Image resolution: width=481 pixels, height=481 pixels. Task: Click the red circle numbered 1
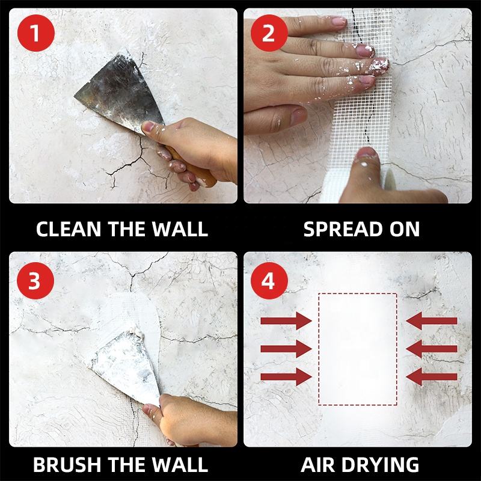(36, 33)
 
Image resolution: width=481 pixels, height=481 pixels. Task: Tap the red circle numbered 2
(269, 33)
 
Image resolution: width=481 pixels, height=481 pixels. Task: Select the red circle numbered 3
(35, 281)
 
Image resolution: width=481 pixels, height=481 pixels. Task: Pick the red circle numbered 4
(269, 281)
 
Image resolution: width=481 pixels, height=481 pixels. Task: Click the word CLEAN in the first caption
(69, 229)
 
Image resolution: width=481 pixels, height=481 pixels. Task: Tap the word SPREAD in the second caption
(342, 229)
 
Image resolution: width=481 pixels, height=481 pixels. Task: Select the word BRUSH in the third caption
(66, 464)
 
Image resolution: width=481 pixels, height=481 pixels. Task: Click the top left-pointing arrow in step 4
(432, 321)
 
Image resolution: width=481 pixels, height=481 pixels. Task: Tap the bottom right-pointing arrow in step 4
(286, 377)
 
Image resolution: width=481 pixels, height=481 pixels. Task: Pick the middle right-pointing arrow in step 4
(286, 349)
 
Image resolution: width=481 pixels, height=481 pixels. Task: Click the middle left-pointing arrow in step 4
(432, 349)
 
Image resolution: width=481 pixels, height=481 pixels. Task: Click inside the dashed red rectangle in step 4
(358, 349)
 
